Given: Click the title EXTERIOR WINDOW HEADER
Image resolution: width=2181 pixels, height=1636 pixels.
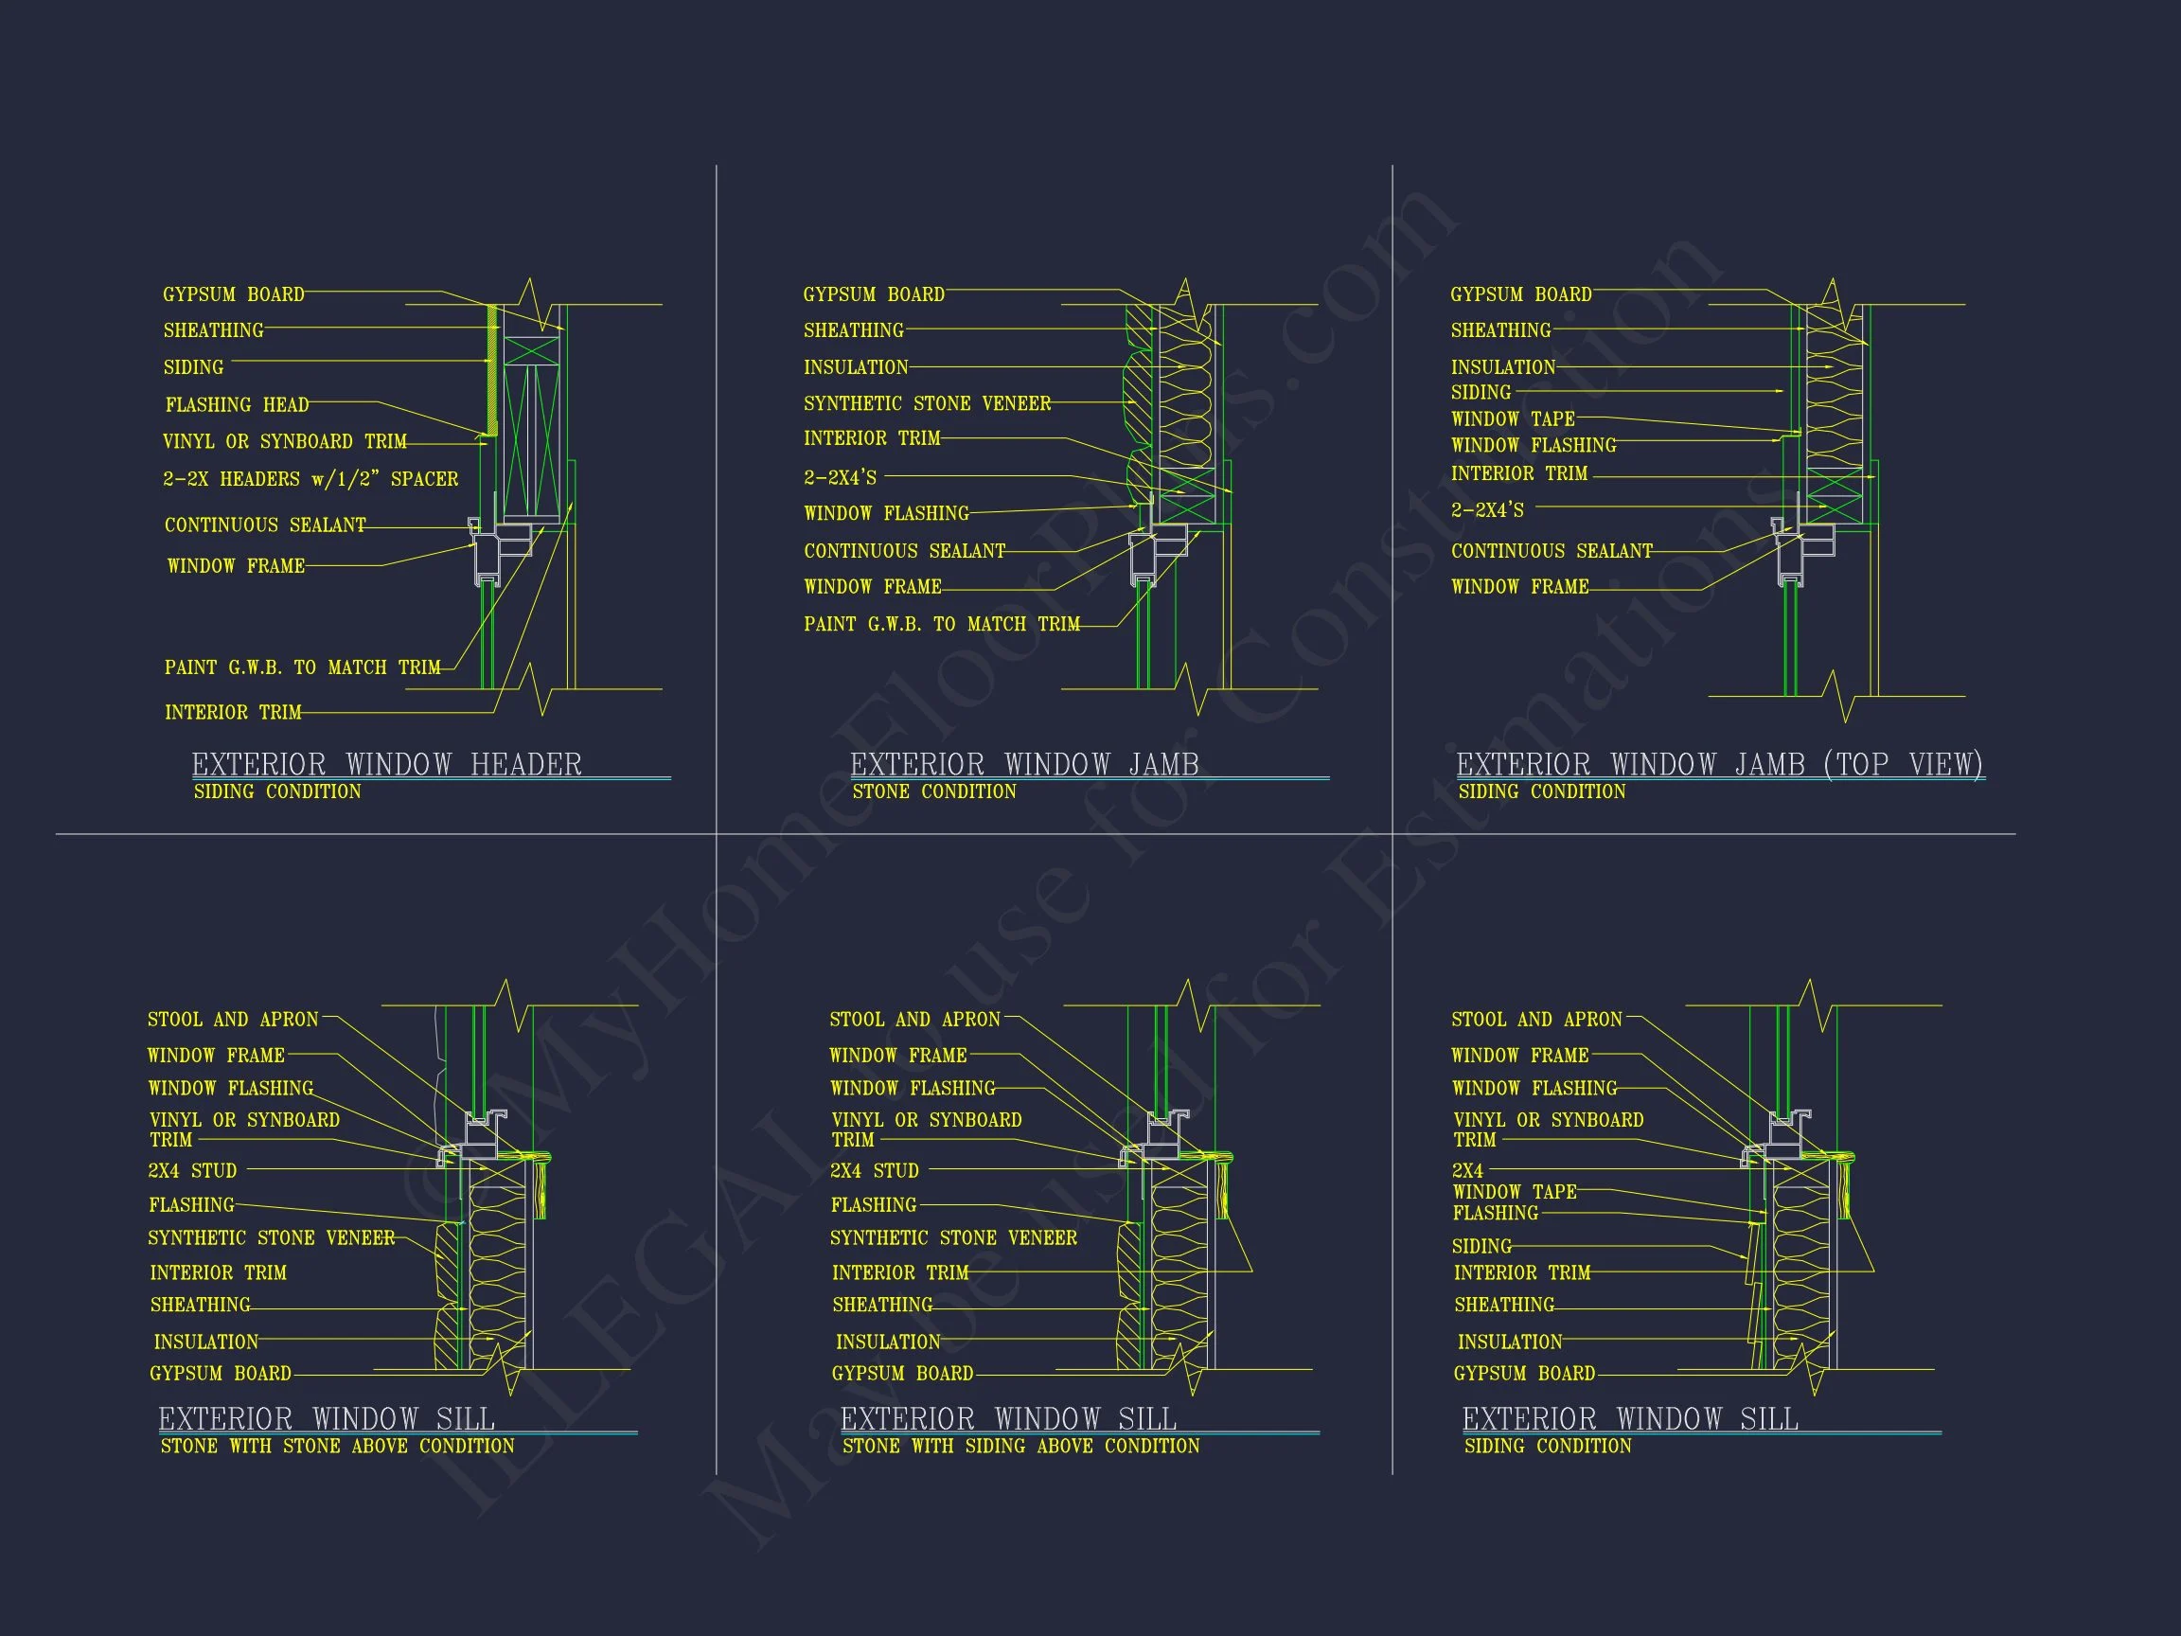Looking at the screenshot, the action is point(386,764).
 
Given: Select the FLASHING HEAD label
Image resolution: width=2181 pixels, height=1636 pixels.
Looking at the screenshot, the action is point(237,404).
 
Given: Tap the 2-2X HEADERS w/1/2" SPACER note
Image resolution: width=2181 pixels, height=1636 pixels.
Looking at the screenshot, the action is point(310,479).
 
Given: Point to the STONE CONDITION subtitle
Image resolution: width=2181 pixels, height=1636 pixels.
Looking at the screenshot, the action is point(933,791).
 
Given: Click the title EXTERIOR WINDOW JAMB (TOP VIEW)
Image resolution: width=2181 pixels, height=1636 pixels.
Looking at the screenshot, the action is point(1720,764).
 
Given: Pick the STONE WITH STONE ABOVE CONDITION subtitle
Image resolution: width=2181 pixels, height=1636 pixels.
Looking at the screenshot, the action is point(337,1446).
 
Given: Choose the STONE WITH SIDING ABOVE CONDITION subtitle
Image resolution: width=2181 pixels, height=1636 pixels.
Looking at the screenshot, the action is point(1020,1446).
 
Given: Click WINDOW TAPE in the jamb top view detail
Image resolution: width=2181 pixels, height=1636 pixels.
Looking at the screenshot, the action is point(1513,418).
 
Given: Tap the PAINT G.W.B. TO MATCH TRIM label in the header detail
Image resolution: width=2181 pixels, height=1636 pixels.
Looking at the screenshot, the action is point(303,667).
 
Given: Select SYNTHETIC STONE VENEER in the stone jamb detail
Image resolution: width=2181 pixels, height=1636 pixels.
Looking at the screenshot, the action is point(927,403).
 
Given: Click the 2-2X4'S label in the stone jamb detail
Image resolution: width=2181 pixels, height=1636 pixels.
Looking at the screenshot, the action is point(840,477).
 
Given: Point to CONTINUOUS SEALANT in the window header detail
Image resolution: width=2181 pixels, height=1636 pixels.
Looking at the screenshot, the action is point(265,525).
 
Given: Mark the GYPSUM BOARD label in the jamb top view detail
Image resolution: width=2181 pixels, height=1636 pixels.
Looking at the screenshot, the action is point(1521,293).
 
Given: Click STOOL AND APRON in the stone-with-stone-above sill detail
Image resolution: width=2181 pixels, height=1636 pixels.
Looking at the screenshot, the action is point(233,1019).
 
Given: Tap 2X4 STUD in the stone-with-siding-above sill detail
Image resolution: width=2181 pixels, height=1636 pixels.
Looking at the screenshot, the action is point(875,1170).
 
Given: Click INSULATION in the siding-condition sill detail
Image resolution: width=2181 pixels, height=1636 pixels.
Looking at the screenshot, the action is point(1510,1342).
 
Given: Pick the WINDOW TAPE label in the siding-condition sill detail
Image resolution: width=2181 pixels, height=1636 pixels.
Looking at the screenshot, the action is point(1515,1191).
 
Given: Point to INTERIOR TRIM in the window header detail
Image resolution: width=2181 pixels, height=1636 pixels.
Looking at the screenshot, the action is point(233,712).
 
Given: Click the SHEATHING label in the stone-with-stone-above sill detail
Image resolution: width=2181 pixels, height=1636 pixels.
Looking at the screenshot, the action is point(200,1305).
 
